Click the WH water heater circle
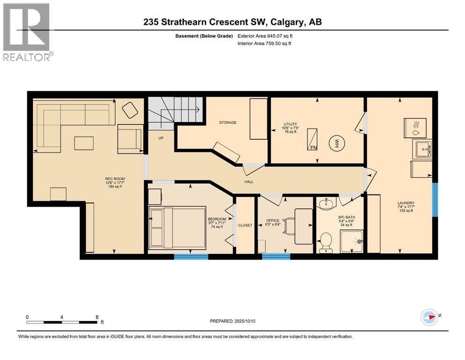[x=336, y=143]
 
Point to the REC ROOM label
[x=114, y=179]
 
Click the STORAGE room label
[x=228, y=122]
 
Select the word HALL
[x=249, y=181]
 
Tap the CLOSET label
[x=245, y=225]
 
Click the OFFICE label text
[x=273, y=220]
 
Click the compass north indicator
[x=430, y=317]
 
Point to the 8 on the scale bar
[x=97, y=317]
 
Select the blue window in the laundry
[x=435, y=200]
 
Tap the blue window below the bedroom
[x=191, y=256]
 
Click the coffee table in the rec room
[x=84, y=142]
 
